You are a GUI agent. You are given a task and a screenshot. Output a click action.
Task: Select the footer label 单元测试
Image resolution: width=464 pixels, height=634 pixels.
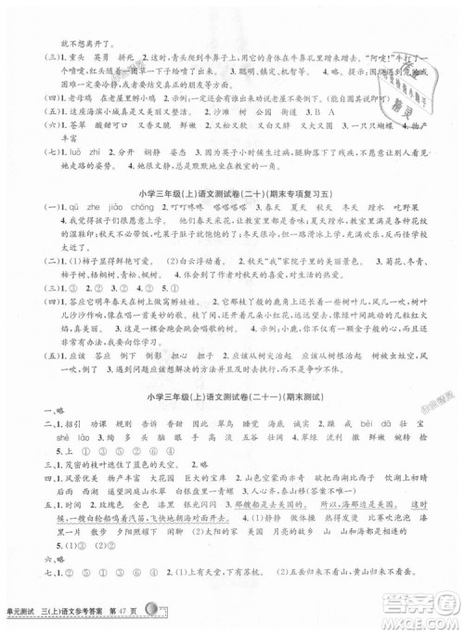(x=30, y=619)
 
